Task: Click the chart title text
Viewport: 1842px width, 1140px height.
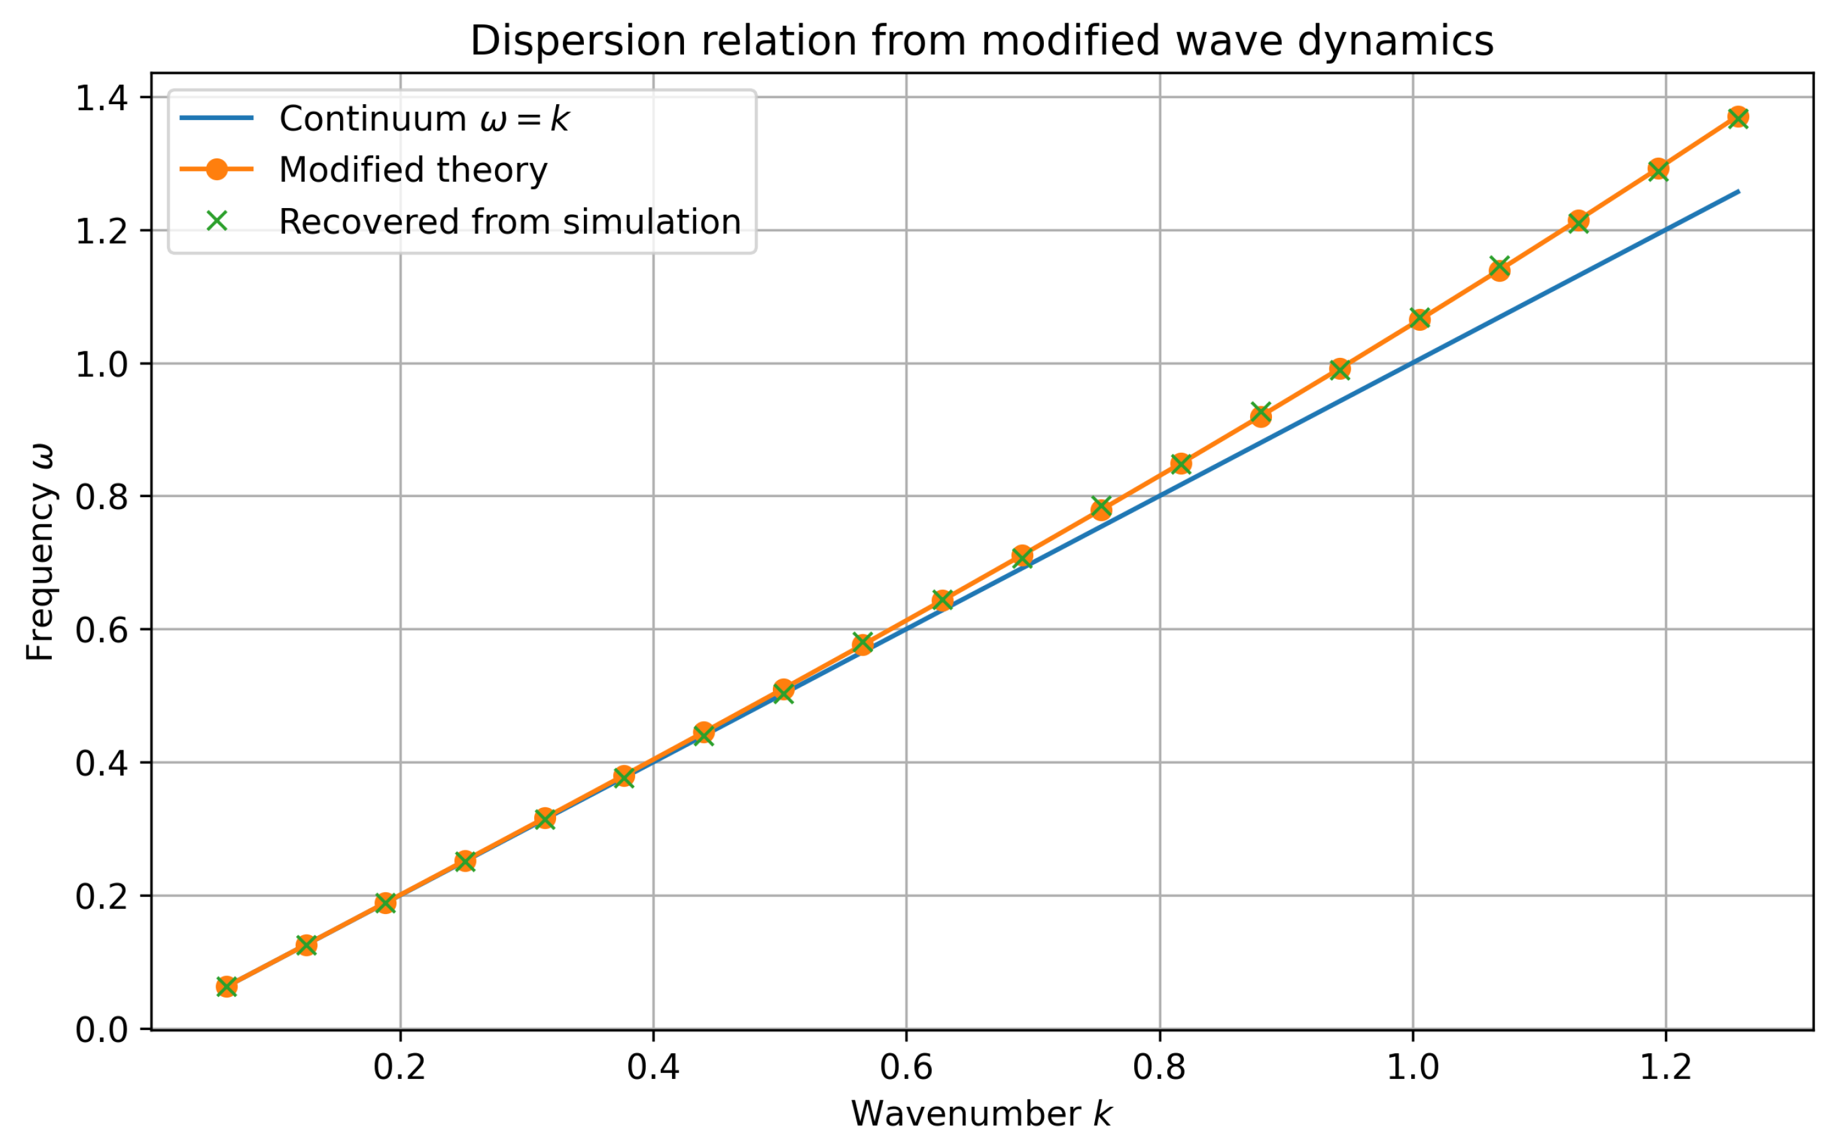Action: coord(981,40)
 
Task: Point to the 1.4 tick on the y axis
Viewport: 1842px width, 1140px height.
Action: coord(106,99)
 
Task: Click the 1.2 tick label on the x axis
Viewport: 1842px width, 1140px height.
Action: coord(1666,1068)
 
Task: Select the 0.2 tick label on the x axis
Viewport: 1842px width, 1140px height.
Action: coord(400,1068)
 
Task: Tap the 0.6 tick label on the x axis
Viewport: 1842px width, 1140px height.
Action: coord(906,1068)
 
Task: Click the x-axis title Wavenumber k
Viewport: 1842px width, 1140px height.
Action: coord(981,1113)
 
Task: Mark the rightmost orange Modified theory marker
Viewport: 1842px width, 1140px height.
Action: coord(1738,117)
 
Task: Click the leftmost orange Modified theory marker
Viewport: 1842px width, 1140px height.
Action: coord(226,986)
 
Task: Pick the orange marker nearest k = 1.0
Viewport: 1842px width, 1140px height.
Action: coord(1420,319)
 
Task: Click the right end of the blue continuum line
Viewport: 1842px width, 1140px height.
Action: coord(1739,192)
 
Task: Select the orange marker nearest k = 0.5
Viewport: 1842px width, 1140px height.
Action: coord(783,690)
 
